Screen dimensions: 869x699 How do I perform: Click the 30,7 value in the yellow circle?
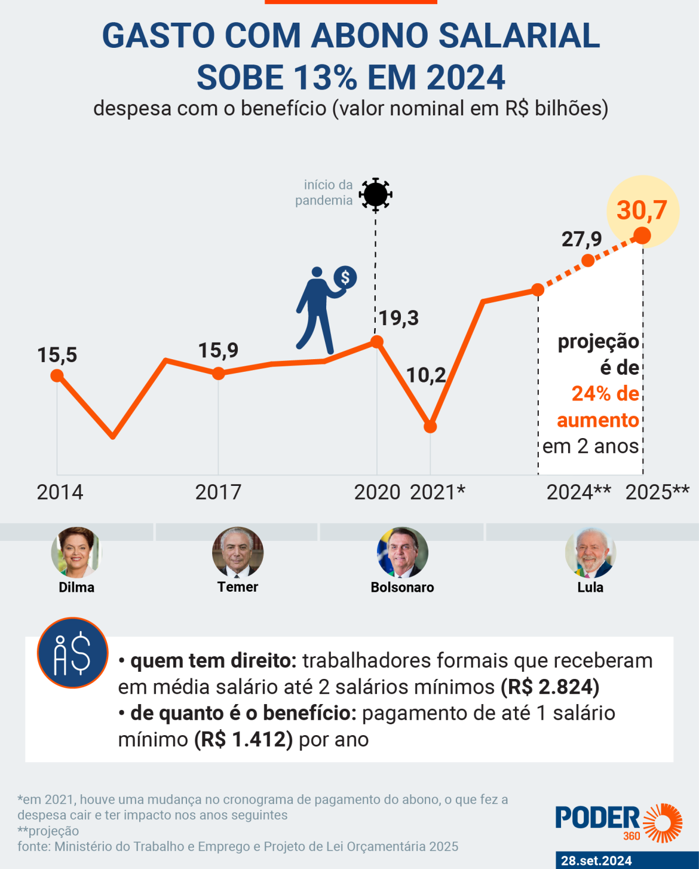[642, 210]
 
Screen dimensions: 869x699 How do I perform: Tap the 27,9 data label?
[581, 239]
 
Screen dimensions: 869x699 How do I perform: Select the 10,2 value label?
[426, 375]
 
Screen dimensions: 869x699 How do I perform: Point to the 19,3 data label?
[398, 318]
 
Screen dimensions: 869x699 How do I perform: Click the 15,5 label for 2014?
[57, 355]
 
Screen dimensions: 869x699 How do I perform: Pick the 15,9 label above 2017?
[218, 350]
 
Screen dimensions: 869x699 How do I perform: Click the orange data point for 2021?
[430, 427]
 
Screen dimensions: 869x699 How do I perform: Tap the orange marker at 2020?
[377, 341]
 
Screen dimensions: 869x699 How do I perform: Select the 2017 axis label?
[218, 492]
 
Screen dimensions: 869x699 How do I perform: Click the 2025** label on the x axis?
[657, 492]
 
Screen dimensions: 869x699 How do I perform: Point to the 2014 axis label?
[60, 492]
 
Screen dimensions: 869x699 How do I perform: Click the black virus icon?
[375, 194]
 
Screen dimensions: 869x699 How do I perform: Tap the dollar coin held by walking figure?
[345, 277]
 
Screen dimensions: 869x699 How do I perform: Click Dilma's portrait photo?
[76, 552]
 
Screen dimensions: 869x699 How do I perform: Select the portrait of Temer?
[238, 552]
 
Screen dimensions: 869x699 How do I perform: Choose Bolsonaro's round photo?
[403, 552]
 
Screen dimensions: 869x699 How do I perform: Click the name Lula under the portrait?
[590, 588]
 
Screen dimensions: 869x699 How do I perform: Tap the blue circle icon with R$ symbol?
[72, 653]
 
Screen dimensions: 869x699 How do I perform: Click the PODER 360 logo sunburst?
[663, 823]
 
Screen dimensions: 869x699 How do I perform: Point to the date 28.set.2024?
[596, 861]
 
